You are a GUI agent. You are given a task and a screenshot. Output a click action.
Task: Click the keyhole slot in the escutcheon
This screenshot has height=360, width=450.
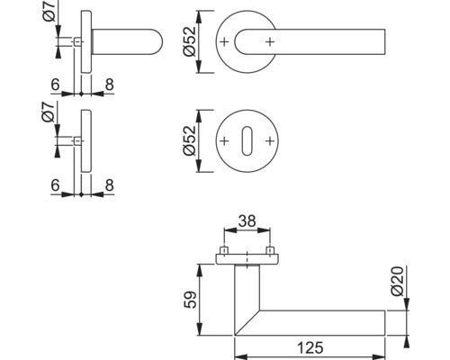coord(247,142)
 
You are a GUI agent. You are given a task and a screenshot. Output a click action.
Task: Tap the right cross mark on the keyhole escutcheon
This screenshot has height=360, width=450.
coord(269,142)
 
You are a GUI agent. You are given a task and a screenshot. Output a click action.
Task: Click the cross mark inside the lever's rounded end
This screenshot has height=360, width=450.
coord(269,42)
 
